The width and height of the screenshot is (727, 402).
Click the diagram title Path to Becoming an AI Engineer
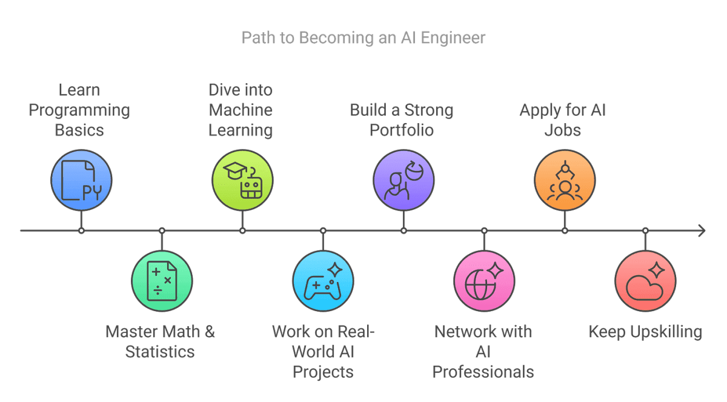click(x=363, y=38)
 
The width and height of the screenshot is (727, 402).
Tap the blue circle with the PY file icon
click(x=81, y=181)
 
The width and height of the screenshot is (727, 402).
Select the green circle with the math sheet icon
click(x=162, y=281)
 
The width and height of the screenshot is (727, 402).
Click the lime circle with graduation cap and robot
click(x=242, y=181)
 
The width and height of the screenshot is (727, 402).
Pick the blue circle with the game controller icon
click(x=323, y=281)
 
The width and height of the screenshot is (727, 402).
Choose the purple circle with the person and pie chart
click(x=403, y=181)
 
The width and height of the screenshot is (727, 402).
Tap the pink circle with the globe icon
click(x=484, y=281)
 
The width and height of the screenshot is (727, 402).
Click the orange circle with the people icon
click(x=565, y=181)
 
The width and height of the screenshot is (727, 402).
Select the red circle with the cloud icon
click(x=645, y=281)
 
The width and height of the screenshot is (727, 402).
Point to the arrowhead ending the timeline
click(x=701, y=230)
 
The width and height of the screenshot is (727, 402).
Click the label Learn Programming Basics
click(x=79, y=110)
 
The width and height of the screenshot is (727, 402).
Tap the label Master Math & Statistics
click(x=160, y=341)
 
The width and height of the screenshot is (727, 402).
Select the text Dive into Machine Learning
click(x=241, y=110)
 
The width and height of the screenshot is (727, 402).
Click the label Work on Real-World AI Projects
click(x=323, y=351)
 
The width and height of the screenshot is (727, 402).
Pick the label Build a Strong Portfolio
click(x=402, y=120)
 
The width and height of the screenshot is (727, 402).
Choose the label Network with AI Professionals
click(x=483, y=351)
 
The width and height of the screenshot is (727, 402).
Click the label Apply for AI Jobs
click(x=563, y=120)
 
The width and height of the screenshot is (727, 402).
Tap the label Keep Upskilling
click(x=645, y=332)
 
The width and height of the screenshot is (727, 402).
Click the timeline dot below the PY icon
click(x=81, y=230)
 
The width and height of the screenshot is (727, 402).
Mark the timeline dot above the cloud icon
click(x=645, y=230)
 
